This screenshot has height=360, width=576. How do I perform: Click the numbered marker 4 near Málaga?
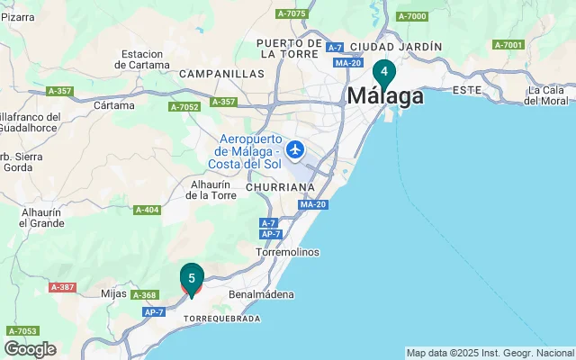pos(384,72)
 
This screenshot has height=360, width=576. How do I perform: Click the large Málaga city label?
pos(385,95)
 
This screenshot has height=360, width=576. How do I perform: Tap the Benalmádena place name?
pos(262,294)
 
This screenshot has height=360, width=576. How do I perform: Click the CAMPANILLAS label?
pos(221,74)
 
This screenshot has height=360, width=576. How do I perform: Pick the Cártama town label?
pos(114,105)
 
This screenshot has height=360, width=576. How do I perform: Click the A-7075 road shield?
pos(292,13)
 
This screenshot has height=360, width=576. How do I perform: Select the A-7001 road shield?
pos(508,45)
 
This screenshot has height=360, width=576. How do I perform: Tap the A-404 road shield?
pos(147,210)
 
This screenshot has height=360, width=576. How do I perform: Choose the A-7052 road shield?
pos(184,107)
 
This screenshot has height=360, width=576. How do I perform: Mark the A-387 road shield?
pos(62,287)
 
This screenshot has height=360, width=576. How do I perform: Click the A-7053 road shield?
pos(22,330)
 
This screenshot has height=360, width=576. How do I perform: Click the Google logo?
pos(30,349)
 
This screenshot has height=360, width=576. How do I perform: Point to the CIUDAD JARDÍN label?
pos(396,46)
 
